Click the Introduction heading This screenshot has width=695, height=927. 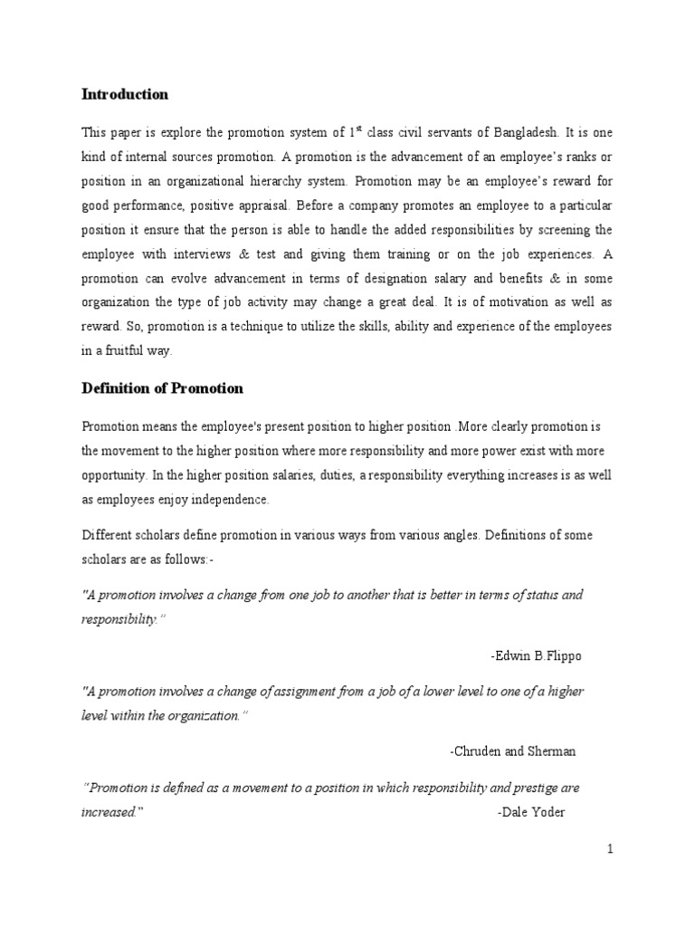pyautogui.click(x=125, y=94)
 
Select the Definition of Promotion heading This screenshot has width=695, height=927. pyautogui.click(x=162, y=387)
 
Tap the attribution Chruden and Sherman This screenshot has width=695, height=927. pyautogui.click(x=512, y=751)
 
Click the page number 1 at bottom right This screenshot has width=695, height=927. pyautogui.click(x=611, y=848)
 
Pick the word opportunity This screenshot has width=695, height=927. pyautogui.click(x=113, y=475)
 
